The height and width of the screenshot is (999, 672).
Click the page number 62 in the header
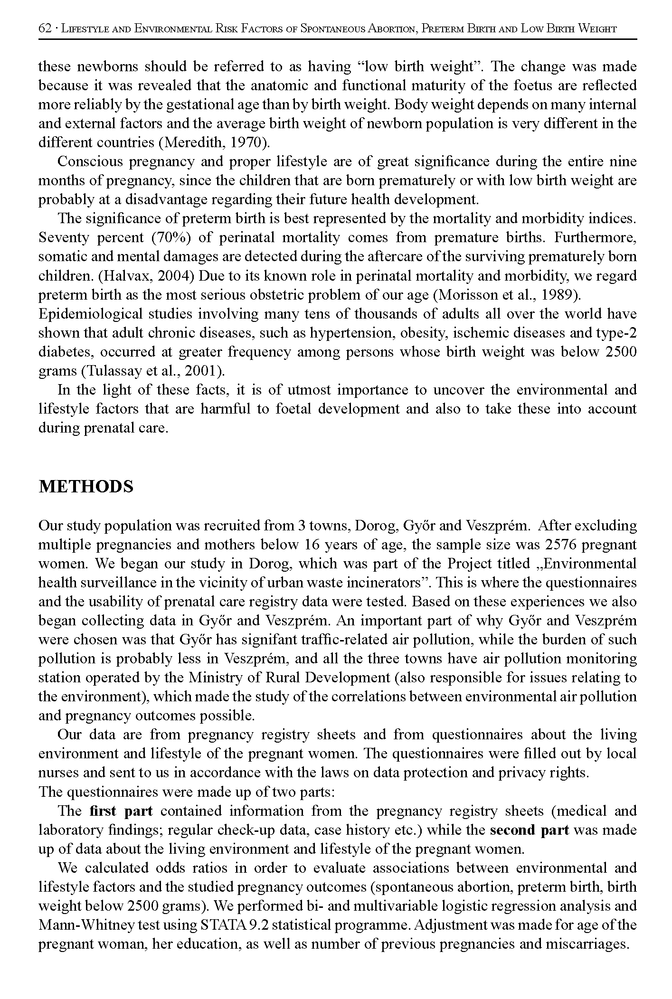pos(44,28)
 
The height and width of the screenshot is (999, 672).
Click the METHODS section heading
pos(86,487)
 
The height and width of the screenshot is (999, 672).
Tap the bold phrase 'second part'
pos(530,830)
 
